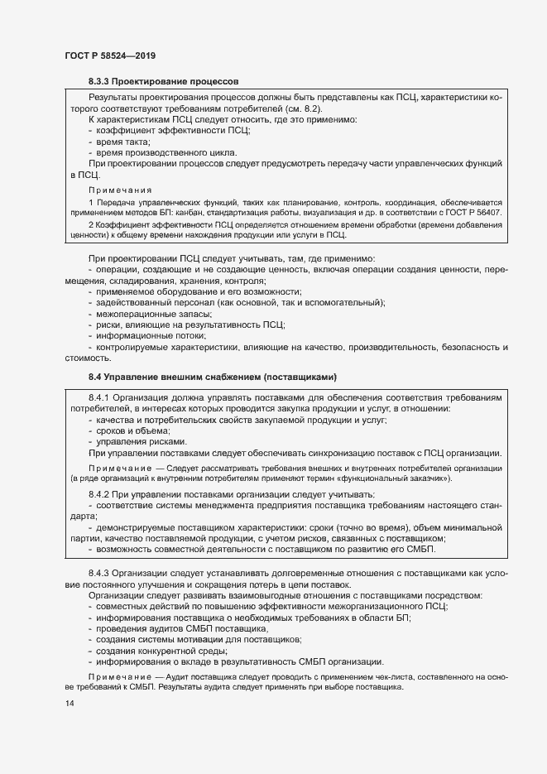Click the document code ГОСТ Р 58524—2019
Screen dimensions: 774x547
coord(110,55)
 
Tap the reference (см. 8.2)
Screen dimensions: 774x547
coord(300,109)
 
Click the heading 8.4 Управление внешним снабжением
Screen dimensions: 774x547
coord(212,377)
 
